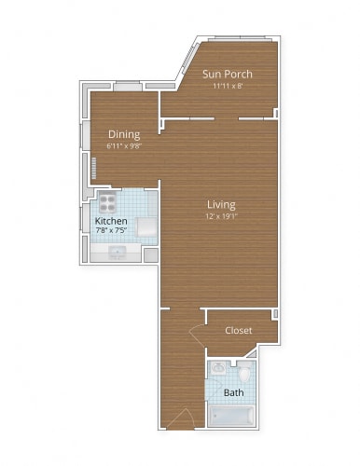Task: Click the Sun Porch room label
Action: pyautogui.click(x=228, y=74)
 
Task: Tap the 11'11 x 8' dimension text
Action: pyautogui.click(x=228, y=86)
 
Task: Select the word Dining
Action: pyautogui.click(x=123, y=133)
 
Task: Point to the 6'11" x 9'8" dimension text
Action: pyautogui.click(x=123, y=145)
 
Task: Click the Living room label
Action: pyautogui.click(x=221, y=204)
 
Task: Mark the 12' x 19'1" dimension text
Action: pyautogui.click(x=221, y=216)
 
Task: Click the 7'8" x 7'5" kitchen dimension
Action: pyautogui.click(x=111, y=231)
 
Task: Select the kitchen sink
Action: pyautogui.click(x=118, y=251)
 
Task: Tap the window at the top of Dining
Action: pyautogui.click(x=127, y=87)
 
